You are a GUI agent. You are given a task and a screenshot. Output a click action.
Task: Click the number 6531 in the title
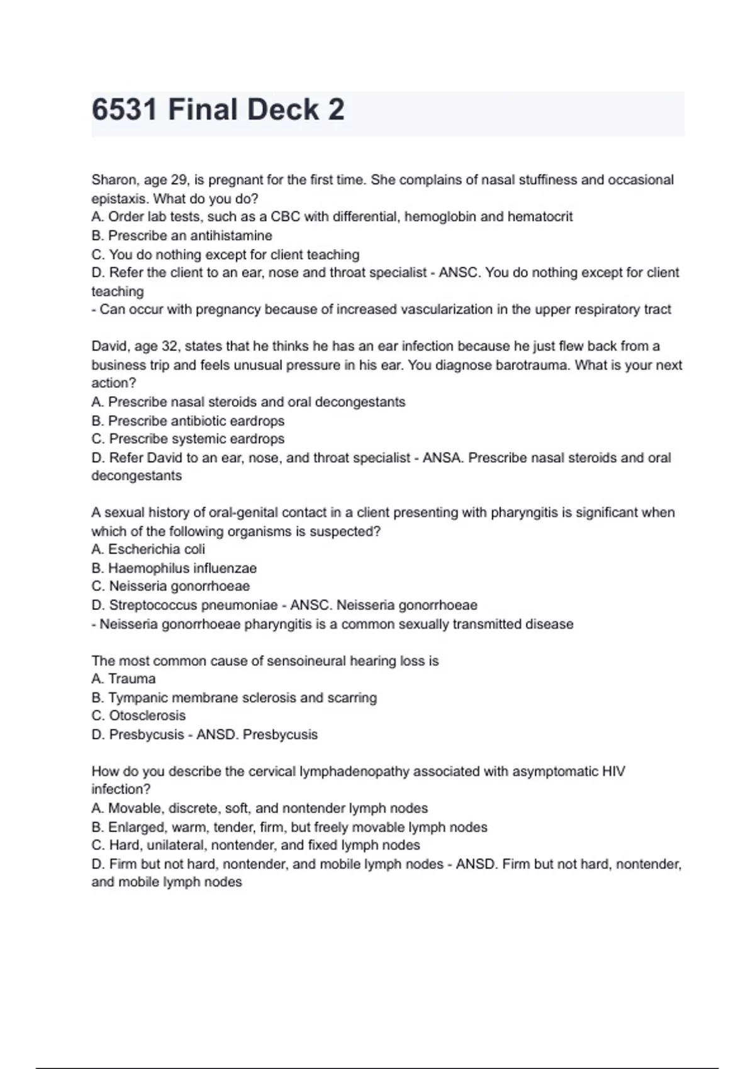(125, 110)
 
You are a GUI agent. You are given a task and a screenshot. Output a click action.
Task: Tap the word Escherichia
(143, 549)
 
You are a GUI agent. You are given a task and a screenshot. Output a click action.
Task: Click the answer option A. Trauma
(123, 679)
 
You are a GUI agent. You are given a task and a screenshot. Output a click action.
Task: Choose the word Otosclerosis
(147, 716)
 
